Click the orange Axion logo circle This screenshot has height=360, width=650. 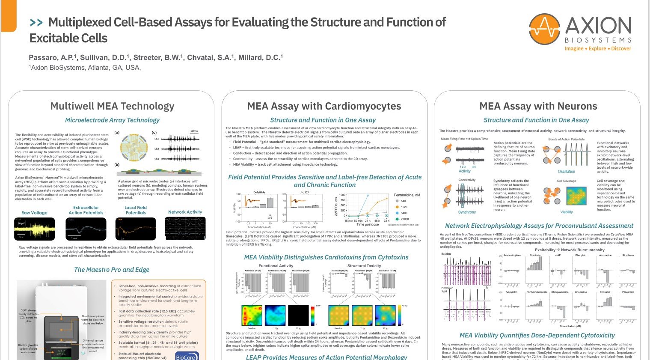coord(544,29)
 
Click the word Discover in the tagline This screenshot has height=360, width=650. coord(621,49)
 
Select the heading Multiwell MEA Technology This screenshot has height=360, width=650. coord(112,106)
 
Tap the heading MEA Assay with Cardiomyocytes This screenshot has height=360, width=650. coord(324,106)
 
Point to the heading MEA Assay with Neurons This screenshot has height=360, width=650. coord(538,106)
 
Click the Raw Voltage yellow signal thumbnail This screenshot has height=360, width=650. coord(34,229)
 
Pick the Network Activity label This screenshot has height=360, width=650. coord(183,212)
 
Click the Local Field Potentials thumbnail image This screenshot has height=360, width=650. coord(135,229)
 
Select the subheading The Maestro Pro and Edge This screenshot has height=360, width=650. coord(112,270)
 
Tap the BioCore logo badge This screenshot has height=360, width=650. coord(186,356)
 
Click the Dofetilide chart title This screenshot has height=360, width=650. coord(259,192)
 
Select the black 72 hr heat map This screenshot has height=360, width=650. coord(298,315)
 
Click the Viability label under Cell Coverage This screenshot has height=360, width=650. coord(566,212)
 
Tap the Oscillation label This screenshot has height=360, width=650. coord(566,172)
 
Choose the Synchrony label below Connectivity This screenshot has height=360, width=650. coord(467,212)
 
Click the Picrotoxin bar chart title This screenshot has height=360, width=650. coord(534,255)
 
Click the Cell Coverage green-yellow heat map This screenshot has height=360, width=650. coord(576,196)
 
